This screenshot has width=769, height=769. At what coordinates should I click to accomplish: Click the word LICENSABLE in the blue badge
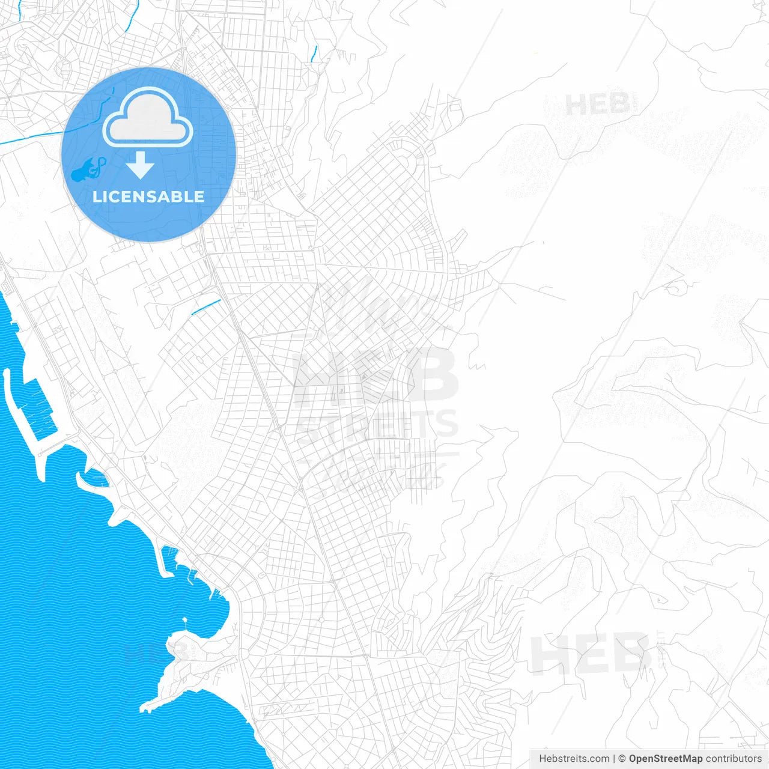148,196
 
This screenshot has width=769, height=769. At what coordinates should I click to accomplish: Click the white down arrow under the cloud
140,165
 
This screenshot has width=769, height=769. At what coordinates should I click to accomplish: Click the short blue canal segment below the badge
205,307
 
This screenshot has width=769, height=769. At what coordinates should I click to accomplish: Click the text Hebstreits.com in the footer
574,759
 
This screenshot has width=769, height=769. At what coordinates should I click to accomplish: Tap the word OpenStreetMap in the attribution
665,759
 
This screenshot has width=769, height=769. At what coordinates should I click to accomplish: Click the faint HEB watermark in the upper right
597,106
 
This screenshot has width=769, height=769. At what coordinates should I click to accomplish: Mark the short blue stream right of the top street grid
314,54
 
